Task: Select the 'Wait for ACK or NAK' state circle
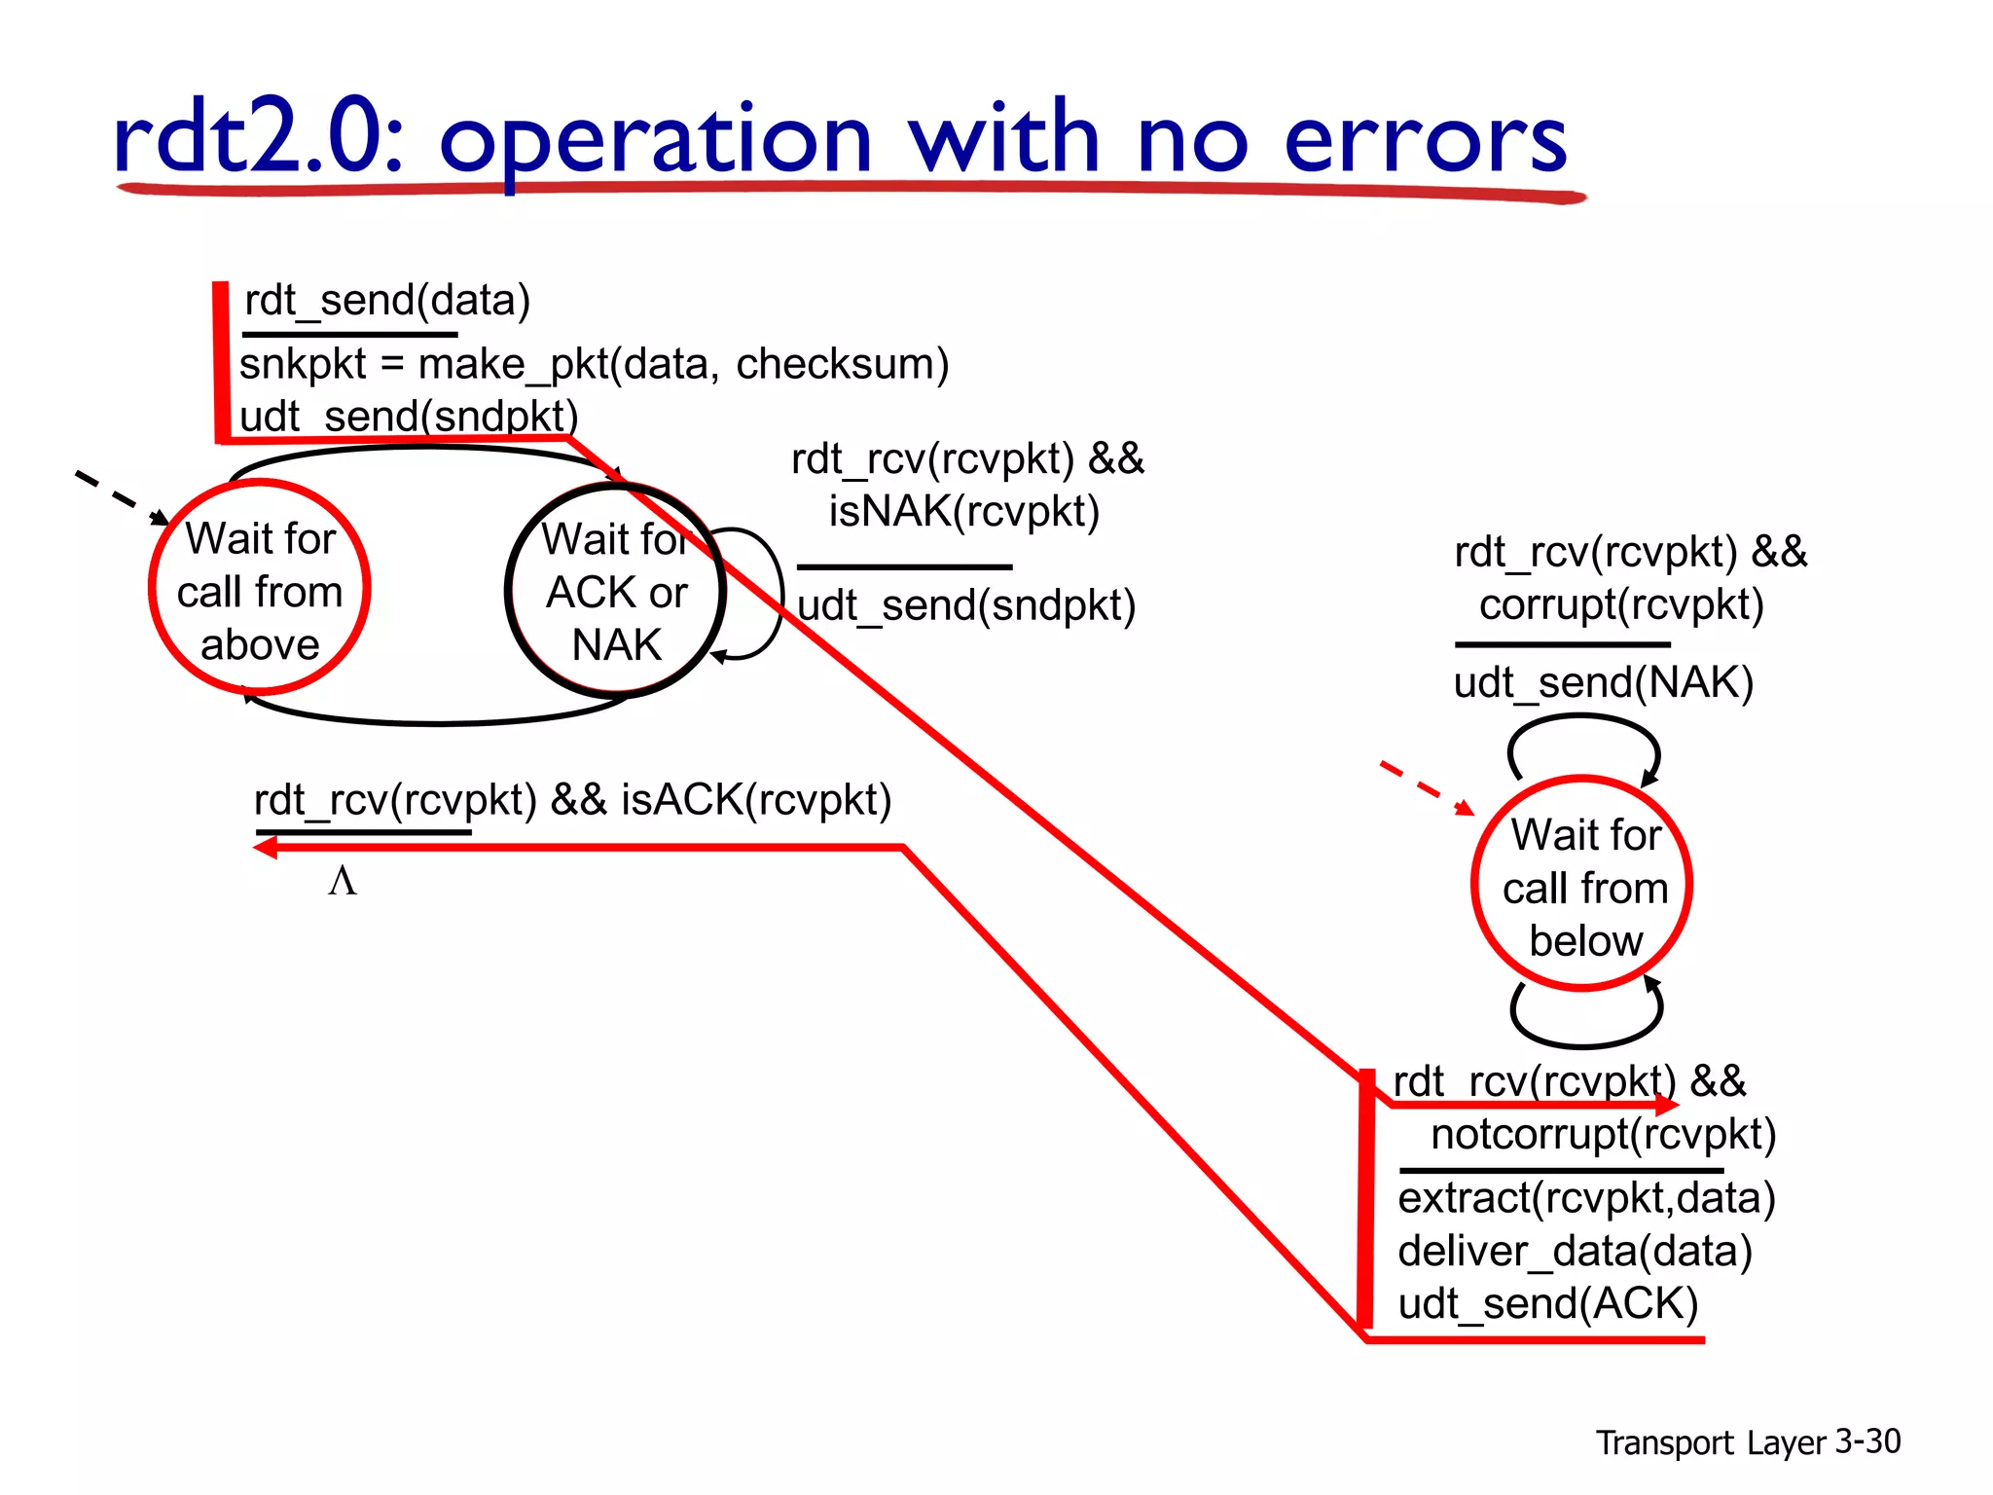coord(616,591)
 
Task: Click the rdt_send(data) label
coord(387,301)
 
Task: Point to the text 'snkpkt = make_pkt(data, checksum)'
coord(594,365)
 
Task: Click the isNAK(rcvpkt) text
coord(963,512)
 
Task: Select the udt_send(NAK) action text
coord(1603,682)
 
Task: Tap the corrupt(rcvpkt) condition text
coord(1621,604)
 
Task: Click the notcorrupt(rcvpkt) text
coord(1603,1135)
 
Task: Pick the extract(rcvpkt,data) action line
coord(1586,1198)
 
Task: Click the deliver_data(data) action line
coord(1575,1252)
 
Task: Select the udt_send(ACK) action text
coord(1547,1304)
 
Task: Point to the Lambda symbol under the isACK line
coord(343,881)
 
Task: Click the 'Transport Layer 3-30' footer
coord(1748,1441)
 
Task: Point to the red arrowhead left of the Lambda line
coord(265,848)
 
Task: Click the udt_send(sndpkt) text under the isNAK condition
coord(965,605)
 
